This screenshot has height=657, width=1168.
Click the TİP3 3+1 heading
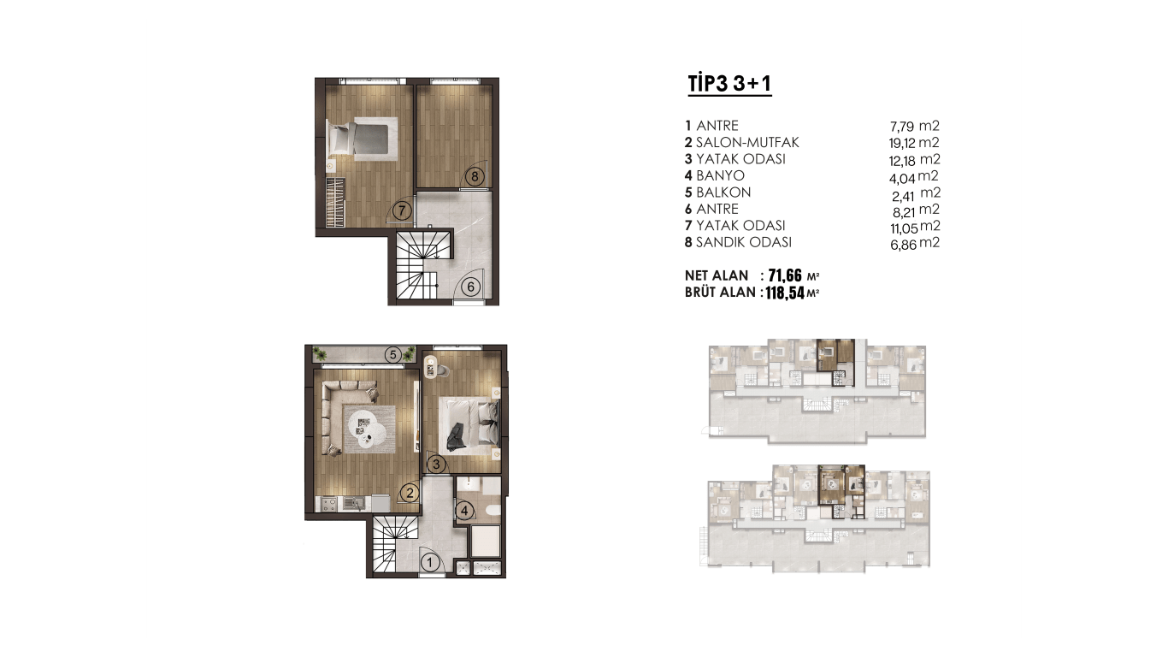click(729, 84)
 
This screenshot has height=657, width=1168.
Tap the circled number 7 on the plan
click(402, 211)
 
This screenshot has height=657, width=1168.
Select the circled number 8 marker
click(475, 176)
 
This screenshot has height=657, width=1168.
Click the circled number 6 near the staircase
click(471, 287)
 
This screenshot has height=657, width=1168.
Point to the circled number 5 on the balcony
click(392, 355)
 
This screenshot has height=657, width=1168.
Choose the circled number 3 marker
click(436, 464)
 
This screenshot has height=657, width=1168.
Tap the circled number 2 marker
click(410, 493)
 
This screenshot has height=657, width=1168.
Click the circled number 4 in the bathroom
click(465, 511)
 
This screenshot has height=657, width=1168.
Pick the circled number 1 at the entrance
click(430, 563)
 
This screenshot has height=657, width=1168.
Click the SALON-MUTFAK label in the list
click(747, 143)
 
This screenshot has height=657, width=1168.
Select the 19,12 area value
click(902, 144)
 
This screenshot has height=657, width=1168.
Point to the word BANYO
click(720, 176)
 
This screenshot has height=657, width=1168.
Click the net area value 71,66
click(785, 275)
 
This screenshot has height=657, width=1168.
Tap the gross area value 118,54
click(785, 293)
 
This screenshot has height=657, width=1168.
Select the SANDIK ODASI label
click(744, 243)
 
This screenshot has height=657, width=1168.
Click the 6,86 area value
click(903, 244)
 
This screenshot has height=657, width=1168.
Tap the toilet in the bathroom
click(492, 511)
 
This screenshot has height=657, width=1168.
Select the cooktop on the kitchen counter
click(329, 504)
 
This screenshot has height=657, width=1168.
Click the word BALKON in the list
click(723, 192)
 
